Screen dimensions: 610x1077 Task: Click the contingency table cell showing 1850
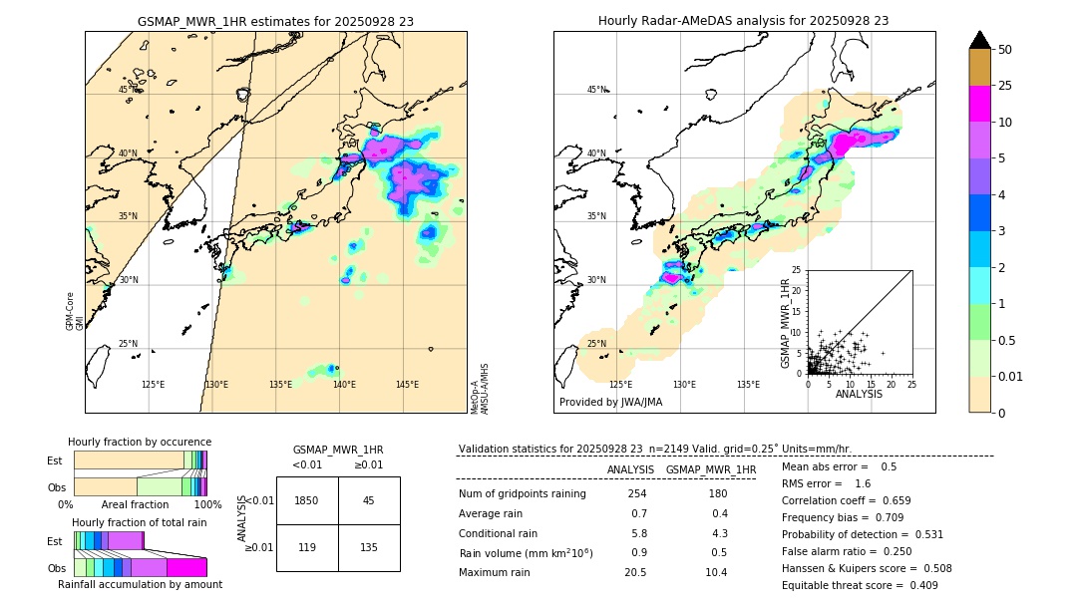[x=307, y=500]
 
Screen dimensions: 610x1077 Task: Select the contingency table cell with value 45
[x=369, y=500]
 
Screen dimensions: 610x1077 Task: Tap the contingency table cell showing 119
[x=307, y=547]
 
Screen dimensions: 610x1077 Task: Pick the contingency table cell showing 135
[x=369, y=547]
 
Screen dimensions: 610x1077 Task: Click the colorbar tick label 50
[x=1005, y=50]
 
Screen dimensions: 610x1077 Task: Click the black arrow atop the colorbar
[x=979, y=40]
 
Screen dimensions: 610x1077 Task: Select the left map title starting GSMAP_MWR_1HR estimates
[x=275, y=21]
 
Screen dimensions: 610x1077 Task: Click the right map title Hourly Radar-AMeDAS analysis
[x=743, y=21]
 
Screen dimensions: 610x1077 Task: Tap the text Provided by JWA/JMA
[x=610, y=403]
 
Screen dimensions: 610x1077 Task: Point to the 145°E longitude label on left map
[x=407, y=385]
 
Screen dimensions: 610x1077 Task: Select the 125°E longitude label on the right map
[x=620, y=385]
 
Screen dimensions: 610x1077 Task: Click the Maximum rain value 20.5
[x=635, y=572]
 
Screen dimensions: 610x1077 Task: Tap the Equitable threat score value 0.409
[x=917, y=585]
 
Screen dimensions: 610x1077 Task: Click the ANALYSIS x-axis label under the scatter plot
[x=858, y=394]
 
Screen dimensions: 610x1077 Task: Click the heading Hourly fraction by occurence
[x=140, y=442]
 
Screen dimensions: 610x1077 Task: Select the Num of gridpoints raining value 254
[x=636, y=494]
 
